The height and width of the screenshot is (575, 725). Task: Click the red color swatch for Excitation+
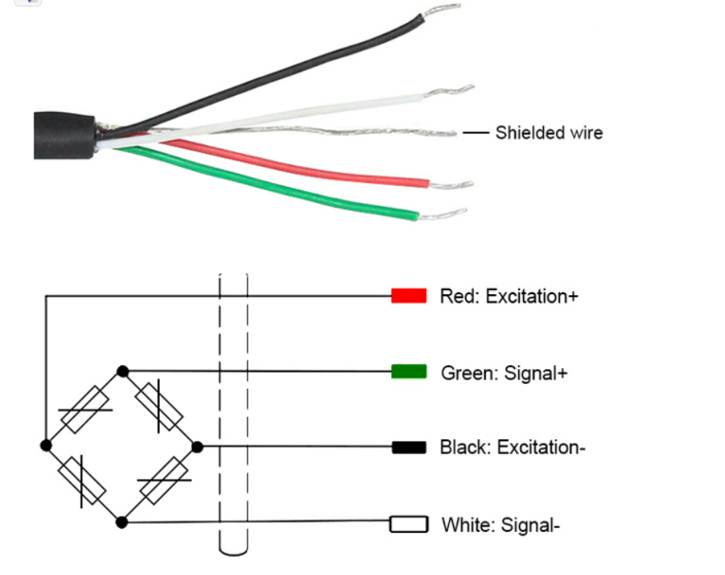(x=409, y=296)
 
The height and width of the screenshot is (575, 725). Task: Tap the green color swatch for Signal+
(x=409, y=372)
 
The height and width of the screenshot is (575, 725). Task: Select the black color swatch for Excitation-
(x=409, y=447)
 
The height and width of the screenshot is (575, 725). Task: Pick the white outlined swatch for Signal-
(x=409, y=524)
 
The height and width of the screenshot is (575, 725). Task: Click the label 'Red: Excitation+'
(x=509, y=297)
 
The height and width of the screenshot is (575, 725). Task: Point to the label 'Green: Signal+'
(x=504, y=373)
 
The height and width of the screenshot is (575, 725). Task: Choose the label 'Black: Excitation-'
(x=512, y=447)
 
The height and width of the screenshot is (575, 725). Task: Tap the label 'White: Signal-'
(x=501, y=525)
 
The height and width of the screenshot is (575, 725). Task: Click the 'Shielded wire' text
(x=549, y=133)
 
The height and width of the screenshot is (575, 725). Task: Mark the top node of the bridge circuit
(x=123, y=372)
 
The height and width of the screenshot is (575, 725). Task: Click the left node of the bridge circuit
(x=46, y=446)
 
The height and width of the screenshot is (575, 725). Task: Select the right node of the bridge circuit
(x=198, y=447)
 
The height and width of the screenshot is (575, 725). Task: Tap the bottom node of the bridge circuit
(x=122, y=522)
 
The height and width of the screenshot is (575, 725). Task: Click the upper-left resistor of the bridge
(x=85, y=409)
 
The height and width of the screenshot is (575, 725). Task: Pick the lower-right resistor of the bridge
(x=164, y=481)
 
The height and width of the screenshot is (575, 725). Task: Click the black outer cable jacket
(x=64, y=135)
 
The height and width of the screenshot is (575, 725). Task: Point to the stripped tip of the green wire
(x=442, y=214)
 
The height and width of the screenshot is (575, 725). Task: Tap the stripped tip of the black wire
(x=441, y=10)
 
